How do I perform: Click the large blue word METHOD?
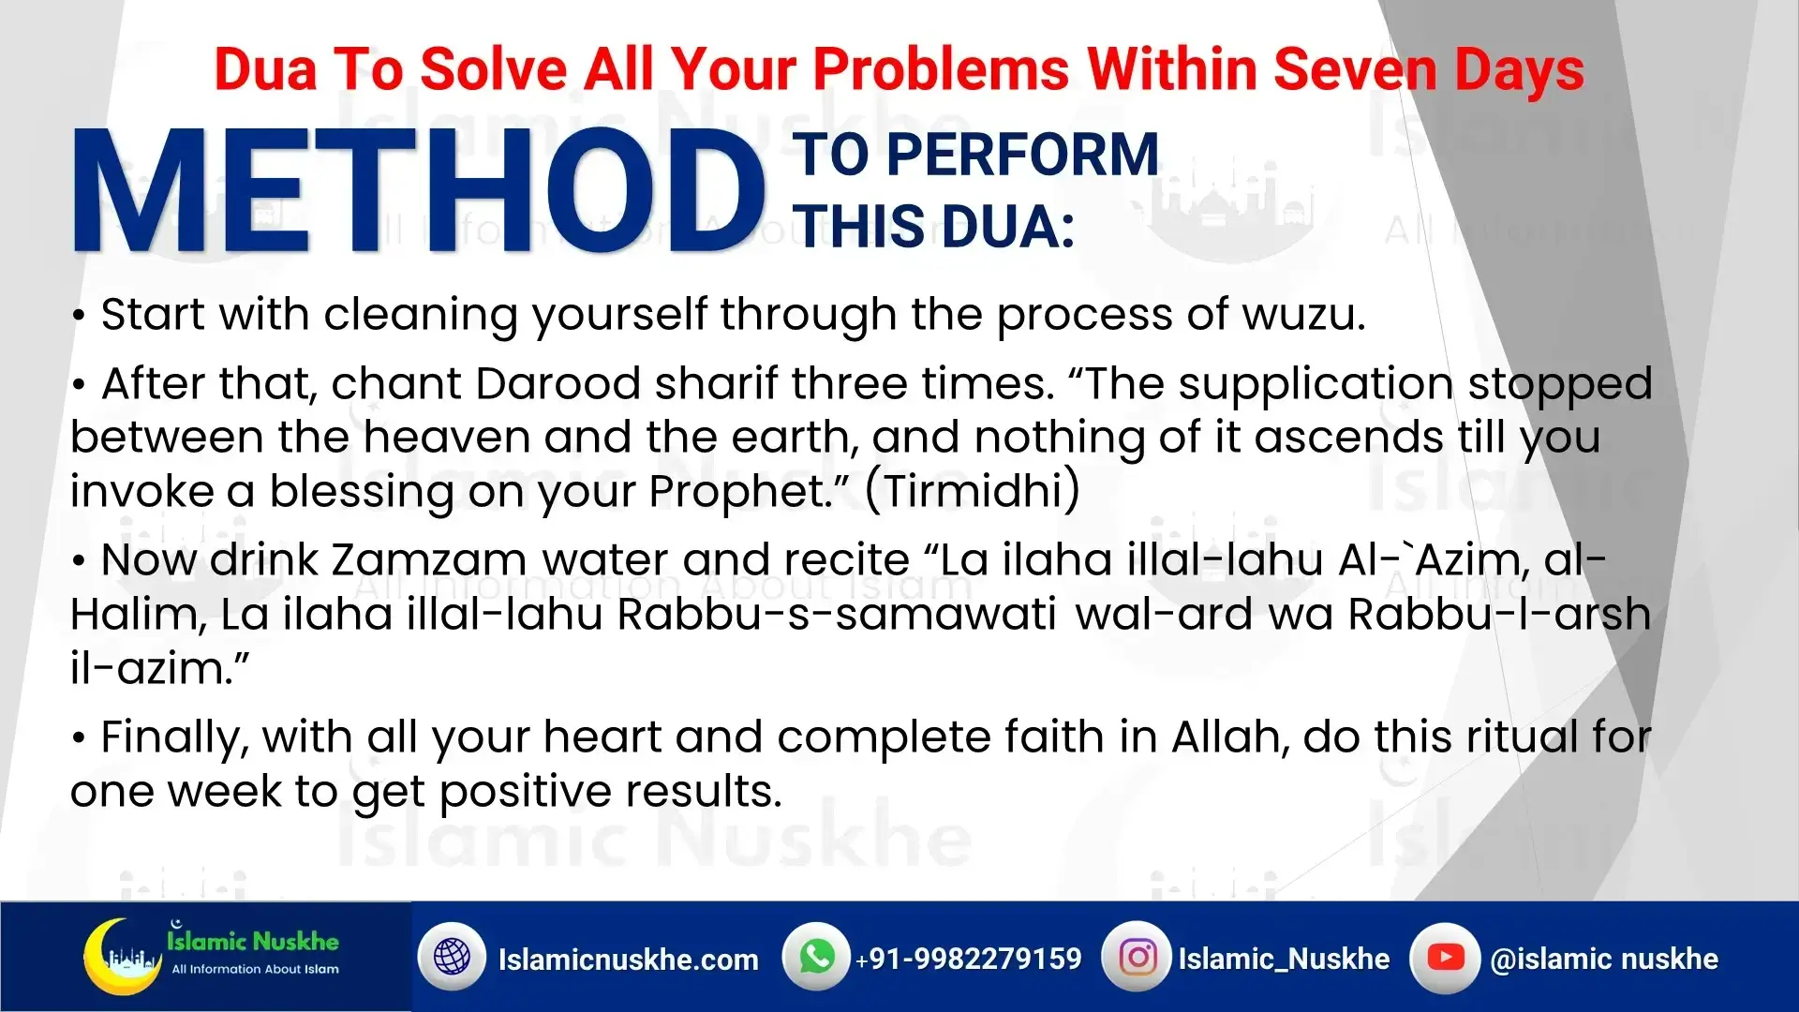(419, 191)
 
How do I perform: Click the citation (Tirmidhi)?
(973, 491)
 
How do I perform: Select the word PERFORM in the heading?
(1022, 155)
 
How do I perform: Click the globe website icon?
(453, 958)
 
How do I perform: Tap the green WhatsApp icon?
(816, 957)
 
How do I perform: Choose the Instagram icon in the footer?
(1137, 958)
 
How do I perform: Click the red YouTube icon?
(1445, 958)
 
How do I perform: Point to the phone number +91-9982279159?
(968, 959)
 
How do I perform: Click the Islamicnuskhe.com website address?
(628, 960)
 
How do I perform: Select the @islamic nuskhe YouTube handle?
(1604, 959)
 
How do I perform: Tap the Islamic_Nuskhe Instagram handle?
(1284, 959)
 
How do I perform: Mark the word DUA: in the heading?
(1008, 227)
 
